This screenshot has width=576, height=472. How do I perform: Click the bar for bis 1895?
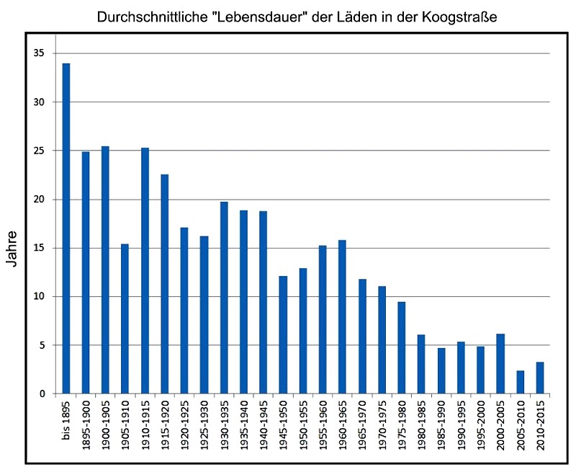[66, 228]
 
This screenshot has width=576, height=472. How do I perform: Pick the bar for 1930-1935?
[224, 298]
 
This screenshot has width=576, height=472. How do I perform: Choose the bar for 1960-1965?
[342, 316]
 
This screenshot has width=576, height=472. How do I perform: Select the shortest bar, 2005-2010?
[520, 382]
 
